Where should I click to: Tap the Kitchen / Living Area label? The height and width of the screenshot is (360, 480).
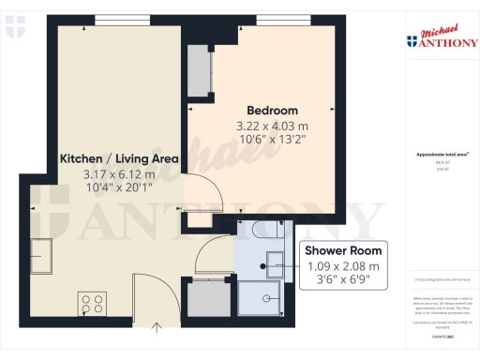118,158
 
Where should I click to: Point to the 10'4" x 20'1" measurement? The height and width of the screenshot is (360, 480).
118,187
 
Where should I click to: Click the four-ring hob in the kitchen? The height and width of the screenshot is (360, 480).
94,303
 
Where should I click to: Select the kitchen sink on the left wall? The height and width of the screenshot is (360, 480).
42,251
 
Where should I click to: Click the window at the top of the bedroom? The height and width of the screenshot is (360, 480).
274,21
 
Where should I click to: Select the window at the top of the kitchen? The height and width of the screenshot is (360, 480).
113,21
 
